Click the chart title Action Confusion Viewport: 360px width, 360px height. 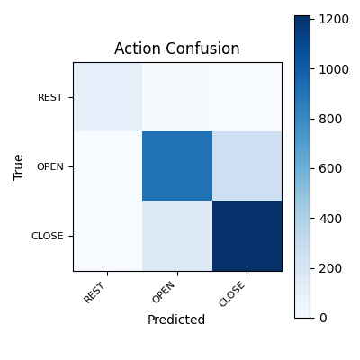click(x=177, y=49)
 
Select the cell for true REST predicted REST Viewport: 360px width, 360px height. click(x=108, y=97)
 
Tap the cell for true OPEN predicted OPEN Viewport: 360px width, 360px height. click(x=177, y=166)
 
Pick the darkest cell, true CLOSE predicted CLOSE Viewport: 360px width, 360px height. click(x=247, y=236)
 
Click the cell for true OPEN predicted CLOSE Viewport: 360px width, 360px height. click(x=247, y=166)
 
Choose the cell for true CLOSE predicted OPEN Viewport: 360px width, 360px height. click(x=177, y=236)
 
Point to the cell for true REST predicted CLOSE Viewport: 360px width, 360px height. click(x=247, y=97)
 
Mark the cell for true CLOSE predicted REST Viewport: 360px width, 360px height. click(x=108, y=236)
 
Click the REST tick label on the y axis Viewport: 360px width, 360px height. click(x=50, y=97)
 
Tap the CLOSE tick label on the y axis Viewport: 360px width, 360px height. click(x=47, y=236)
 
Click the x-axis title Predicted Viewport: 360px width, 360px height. click(x=177, y=319)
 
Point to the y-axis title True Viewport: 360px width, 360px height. click(x=19, y=166)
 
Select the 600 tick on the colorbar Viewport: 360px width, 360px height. click(x=328, y=168)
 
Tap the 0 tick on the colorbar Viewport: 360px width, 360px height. click(x=323, y=318)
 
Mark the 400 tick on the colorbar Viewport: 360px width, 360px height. click(x=328, y=218)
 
